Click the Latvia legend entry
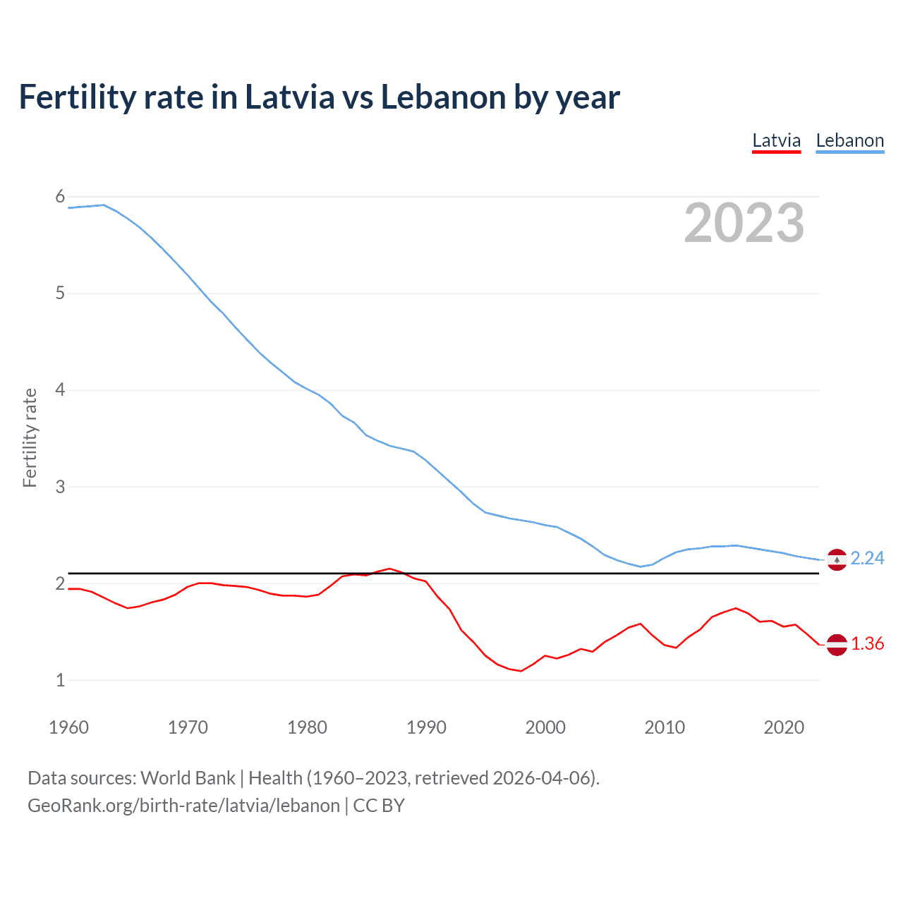tap(776, 140)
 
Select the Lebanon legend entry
tap(849, 140)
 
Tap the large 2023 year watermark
tap(744, 223)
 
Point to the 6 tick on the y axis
tap(60, 197)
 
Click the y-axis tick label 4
tap(60, 389)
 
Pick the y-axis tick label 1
tap(60, 680)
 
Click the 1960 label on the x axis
tap(68, 727)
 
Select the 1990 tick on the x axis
tap(426, 727)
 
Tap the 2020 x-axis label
tap(784, 727)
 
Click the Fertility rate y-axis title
tap(30, 437)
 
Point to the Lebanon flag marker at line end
tap(837, 560)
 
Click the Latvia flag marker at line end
tap(837, 645)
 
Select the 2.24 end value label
tap(867, 558)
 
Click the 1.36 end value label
tap(867, 643)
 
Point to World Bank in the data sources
tap(188, 778)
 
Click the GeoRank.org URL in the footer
tap(183, 806)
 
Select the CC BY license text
tap(379, 806)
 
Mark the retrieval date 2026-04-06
tap(541, 778)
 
